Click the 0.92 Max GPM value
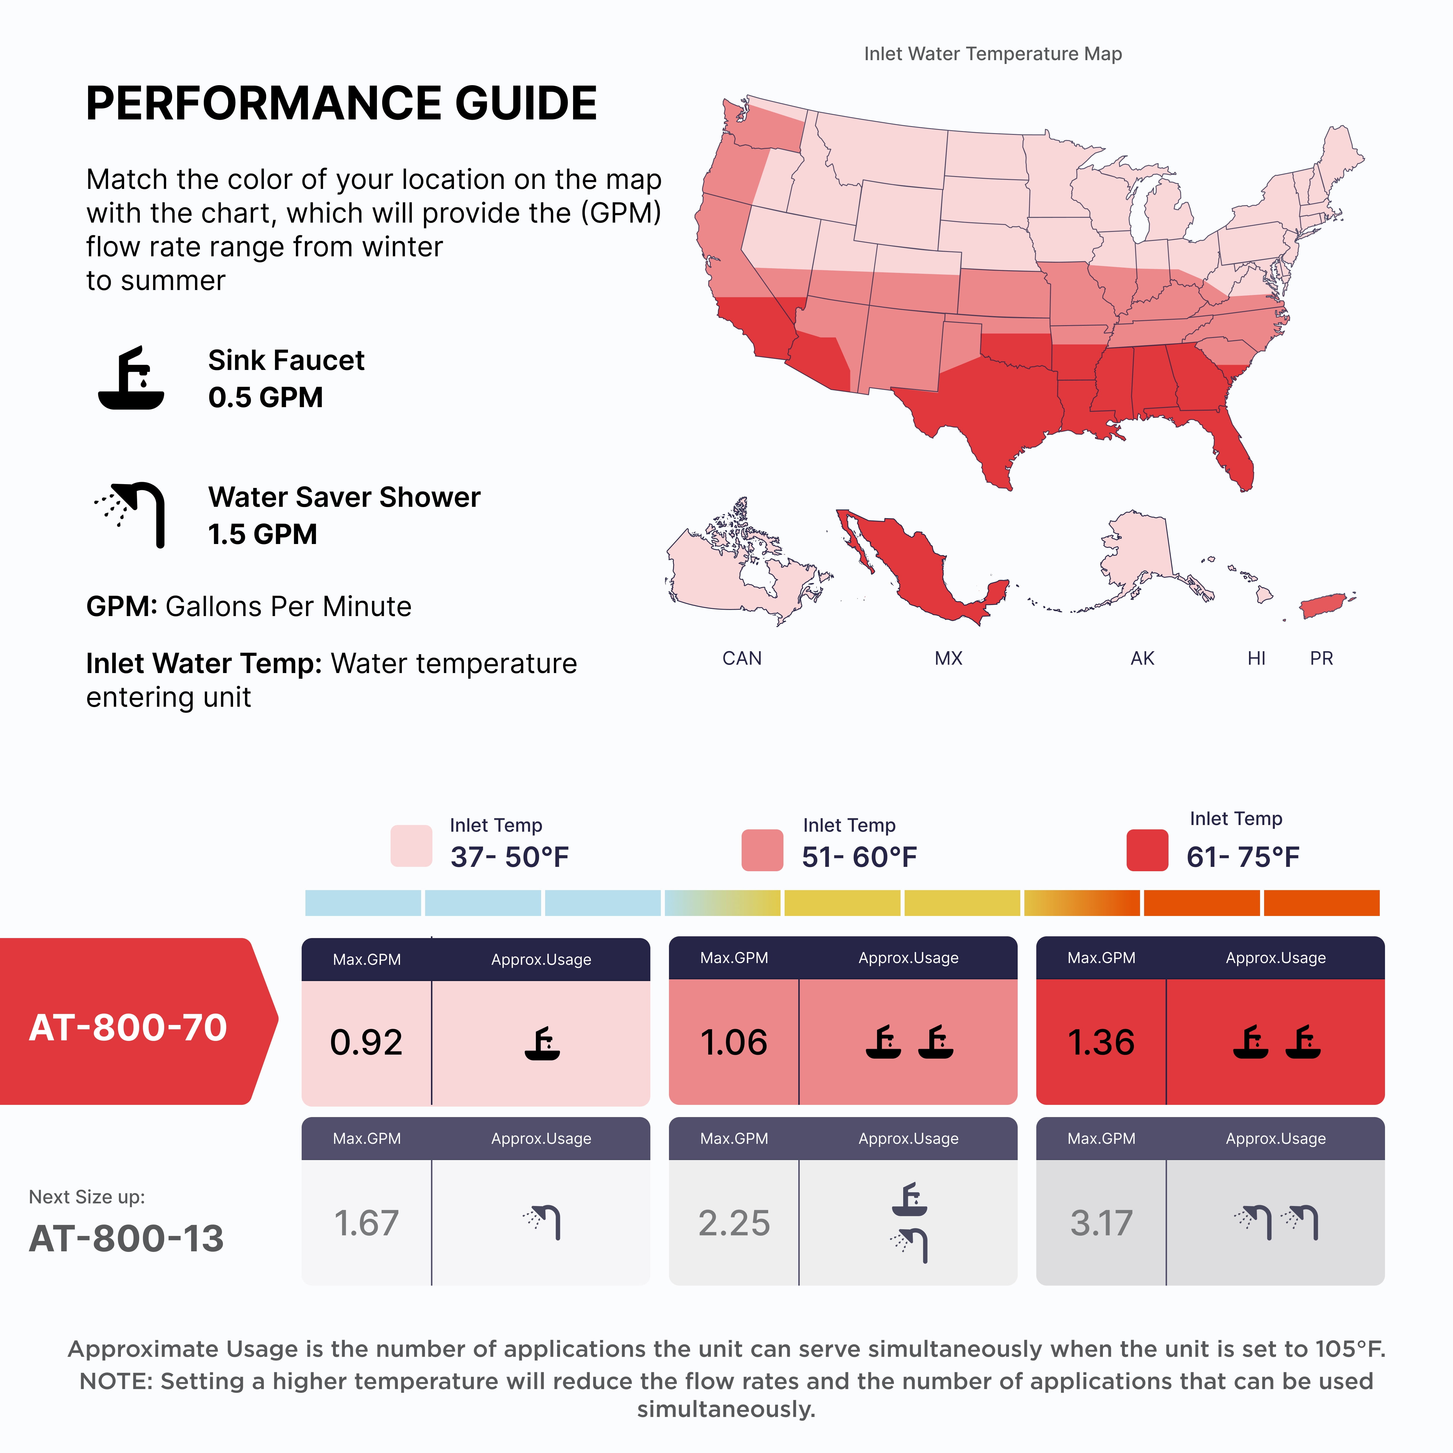pyautogui.click(x=366, y=1042)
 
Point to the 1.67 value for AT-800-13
pyautogui.click(x=366, y=1223)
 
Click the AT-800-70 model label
pyautogui.click(x=128, y=1027)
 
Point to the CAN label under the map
pyautogui.click(x=742, y=658)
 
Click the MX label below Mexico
pyautogui.click(x=948, y=658)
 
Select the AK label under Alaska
pyautogui.click(x=1142, y=658)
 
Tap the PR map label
pyautogui.click(x=1321, y=658)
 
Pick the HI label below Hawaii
pyautogui.click(x=1256, y=658)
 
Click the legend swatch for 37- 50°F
pyautogui.click(x=411, y=846)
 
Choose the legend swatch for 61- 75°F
pyautogui.click(x=1147, y=850)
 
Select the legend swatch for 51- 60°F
pyautogui.click(x=762, y=850)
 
